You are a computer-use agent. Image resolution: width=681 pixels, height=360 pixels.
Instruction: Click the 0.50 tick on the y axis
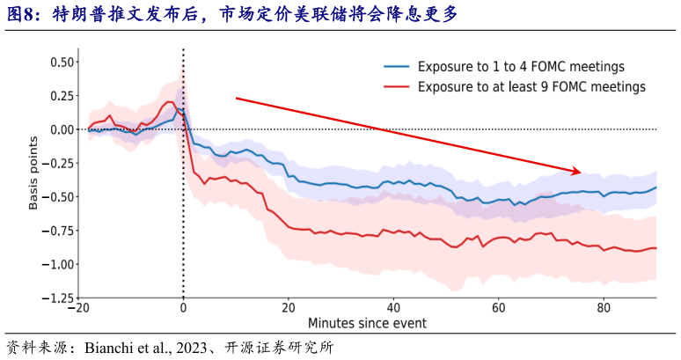click(62, 62)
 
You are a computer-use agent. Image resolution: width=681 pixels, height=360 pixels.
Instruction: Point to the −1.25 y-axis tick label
click(58, 298)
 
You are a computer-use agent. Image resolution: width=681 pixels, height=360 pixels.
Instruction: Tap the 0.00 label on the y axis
click(62, 129)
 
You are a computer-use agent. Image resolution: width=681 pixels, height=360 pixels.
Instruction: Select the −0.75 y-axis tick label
click(58, 231)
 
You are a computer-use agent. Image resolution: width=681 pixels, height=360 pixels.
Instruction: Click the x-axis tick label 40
click(393, 308)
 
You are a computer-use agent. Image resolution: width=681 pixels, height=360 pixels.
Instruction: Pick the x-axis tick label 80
click(604, 308)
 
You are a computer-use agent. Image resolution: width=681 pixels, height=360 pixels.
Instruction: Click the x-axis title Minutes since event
click(368, 323)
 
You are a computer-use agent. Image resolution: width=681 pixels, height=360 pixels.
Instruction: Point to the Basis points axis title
click(33, 173)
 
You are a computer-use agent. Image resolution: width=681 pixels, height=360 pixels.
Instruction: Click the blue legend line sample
click(397, 67)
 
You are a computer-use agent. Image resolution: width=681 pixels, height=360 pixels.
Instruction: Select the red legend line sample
click(397, 87)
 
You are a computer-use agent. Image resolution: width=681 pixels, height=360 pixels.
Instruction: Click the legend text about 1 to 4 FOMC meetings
click(521, 67)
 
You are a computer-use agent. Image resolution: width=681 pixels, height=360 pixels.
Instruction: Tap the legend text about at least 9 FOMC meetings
click(531, 87)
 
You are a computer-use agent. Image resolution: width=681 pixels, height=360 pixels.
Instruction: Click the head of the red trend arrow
click(580, 173)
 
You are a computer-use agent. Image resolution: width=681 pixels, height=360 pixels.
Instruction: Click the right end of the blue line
click(655, 187)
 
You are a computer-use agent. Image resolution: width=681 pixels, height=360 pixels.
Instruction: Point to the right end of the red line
click(655, 248)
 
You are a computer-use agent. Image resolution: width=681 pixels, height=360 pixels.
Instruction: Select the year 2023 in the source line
click(192, 348)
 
